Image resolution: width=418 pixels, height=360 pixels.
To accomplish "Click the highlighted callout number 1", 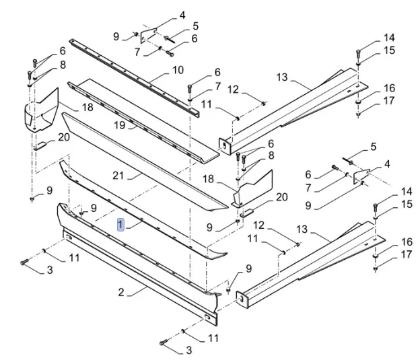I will (x=120, y=225).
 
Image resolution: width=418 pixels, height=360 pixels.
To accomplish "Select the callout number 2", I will (x=120, y=291).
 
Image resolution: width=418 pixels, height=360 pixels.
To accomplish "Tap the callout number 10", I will (x=178, y=69).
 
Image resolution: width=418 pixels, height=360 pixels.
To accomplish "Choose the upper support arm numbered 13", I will (x=296, y=108).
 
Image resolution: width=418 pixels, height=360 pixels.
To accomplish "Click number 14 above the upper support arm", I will (x=390, y=38).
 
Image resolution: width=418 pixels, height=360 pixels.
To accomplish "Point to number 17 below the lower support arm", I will (x=406, y=254).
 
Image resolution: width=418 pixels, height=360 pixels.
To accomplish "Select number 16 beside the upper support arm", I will (x=389, y=88).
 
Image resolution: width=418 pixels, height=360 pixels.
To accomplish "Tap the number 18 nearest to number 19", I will (x=88, y=108).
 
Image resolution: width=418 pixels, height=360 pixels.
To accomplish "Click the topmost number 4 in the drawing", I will (x=182, y=15).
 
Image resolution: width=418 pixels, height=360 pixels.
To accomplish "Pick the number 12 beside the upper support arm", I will (x=233, y=89).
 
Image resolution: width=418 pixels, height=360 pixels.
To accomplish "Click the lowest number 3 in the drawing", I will (x=188, y=350).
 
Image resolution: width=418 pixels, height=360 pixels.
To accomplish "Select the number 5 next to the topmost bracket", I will (x=195, y=26).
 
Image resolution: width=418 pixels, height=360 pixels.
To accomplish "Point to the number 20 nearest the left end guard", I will (x=64, y=137).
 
